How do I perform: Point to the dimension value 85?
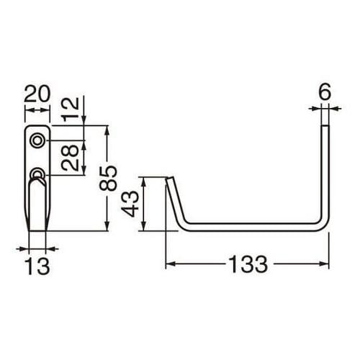108,177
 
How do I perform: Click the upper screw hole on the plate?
37,140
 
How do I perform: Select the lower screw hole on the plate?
37,174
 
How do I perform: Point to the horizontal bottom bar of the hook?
252,228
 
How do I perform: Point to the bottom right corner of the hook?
326,227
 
